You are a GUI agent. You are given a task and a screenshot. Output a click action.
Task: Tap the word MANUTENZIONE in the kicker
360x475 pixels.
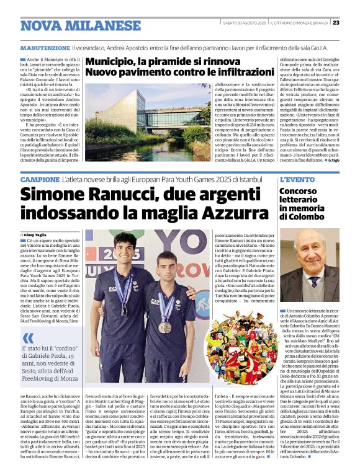(44, 48)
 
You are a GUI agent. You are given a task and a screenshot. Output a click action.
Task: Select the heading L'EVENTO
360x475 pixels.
(298, 179)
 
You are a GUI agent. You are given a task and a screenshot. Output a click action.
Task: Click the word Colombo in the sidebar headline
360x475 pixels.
(299, 218)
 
